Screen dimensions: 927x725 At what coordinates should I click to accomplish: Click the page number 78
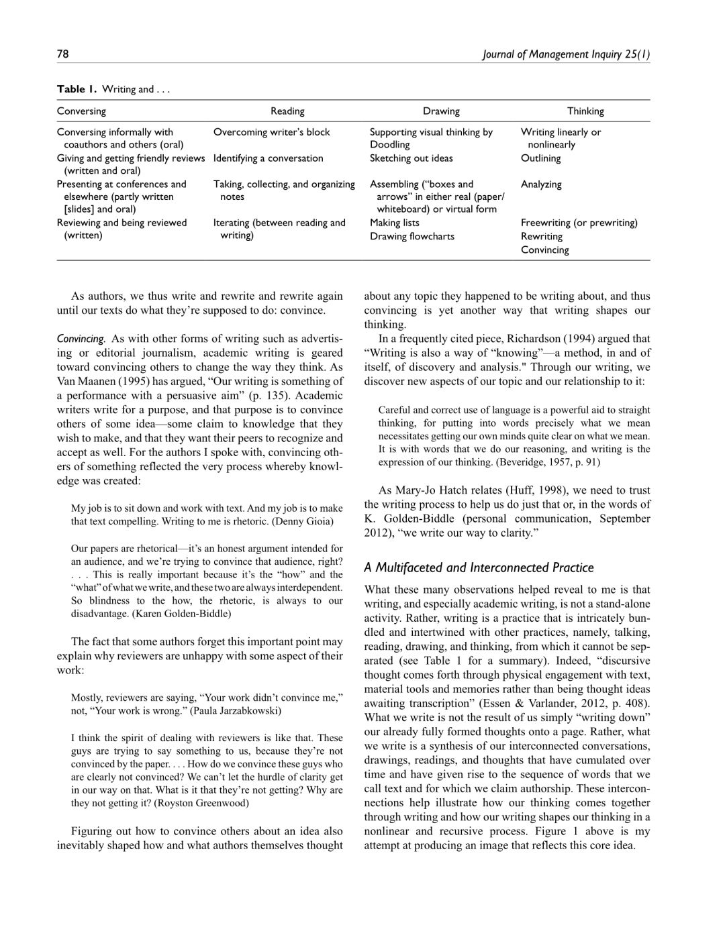coord(62,54)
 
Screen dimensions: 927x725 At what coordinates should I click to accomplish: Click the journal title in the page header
coord(566,54)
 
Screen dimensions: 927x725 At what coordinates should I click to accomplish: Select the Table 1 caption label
coord(77,89)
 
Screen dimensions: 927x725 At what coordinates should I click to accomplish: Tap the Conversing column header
coord(81,111)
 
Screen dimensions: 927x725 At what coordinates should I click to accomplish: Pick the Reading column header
coord(287,111)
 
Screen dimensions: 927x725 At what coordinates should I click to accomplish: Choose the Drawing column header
coord(441,111)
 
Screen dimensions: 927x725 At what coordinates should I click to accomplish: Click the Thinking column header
coord(585,111)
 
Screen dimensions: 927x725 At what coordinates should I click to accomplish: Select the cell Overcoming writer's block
coord(271,132)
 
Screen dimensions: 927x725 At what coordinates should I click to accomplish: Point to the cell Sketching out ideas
coord(411,158)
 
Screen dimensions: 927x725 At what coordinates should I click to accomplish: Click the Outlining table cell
coord(540,158)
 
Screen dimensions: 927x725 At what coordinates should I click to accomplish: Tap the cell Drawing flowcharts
coord(412,236)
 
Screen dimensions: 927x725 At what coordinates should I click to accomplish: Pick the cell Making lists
coord(394,223)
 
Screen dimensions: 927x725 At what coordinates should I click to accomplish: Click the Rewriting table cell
coord(541,236)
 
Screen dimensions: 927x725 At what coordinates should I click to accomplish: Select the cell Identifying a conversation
coord(268,158)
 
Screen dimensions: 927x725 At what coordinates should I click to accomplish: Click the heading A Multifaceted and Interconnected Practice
coord(479,567)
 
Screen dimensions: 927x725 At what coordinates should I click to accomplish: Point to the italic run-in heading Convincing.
coord(81,339)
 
